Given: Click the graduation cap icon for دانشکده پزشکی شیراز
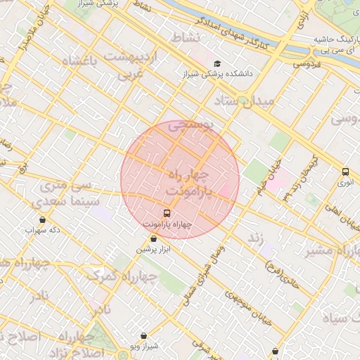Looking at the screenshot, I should pyautogui.click(x=217, y=64).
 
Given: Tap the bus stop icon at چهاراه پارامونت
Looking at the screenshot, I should pyautogui.click(x=167, y=212).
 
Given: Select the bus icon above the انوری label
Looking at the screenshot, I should pyautogui.click(x=345, y=172).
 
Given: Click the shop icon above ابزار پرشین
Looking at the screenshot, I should pyautogui.click(x=153, y=238).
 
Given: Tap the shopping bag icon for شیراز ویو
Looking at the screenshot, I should pyautogui.click(x=144, y=336).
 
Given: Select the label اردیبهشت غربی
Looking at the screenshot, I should pyautogui.click(x=131, y=63).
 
